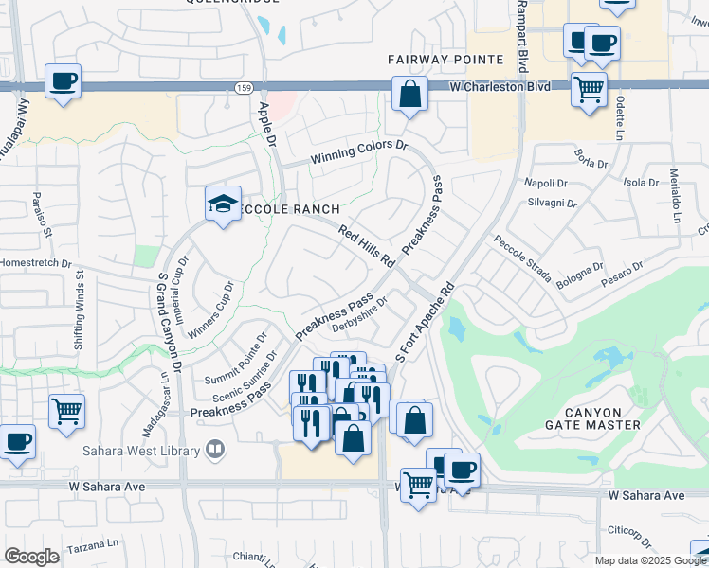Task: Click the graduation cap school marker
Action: [x=223, y=204]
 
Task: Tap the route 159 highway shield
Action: [x=244, y=87]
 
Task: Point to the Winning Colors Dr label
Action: [x=360, y=151]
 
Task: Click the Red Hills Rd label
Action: [x=368, y=245]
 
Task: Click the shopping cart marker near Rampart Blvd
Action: [x=589, y=90]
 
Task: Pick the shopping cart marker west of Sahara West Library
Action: [x=66, y=411]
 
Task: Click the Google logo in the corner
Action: [x=32, y=556]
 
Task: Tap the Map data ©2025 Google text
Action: [x=649, y=560]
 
